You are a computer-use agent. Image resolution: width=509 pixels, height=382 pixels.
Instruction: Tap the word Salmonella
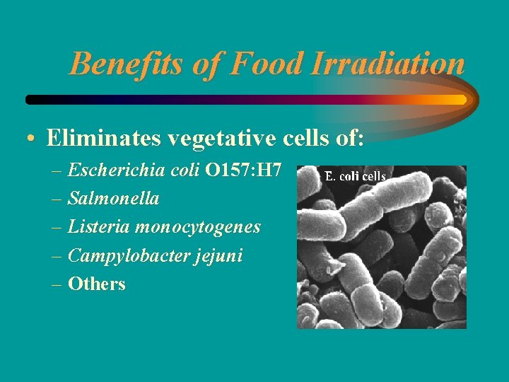113,199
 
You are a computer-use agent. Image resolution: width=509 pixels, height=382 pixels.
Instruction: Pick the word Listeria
98,227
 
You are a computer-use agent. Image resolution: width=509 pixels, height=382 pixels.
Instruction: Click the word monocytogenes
197,228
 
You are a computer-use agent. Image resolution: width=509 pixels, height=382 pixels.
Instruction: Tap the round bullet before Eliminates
33,139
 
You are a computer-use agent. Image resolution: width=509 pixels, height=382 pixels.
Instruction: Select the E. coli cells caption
355,176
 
